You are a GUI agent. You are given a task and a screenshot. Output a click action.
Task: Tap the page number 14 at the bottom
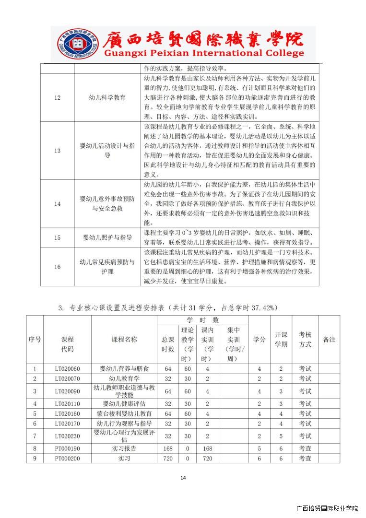pyautogui.click(x=183, y=477)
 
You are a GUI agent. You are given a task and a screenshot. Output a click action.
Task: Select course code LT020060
pyautogui.click(x=67, y=369)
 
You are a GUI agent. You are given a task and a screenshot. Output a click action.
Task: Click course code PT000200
pyautogui.click(x=67, y=459)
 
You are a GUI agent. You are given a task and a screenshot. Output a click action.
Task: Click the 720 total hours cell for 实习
pyautogui.click(x=167, y=459)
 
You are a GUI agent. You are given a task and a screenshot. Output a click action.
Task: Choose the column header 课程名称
pyautogui.click(x=124, y=339)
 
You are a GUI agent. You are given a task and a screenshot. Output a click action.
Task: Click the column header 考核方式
pyautogui.click(x=305, y=339)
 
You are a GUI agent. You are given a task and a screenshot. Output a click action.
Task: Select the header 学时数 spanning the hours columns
pyautogui.click(x=202, y=319)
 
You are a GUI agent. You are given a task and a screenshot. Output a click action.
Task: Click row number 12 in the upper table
pyautogui.click(x=57, y=98)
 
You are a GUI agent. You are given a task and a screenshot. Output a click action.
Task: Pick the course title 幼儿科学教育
pyautogui.click(x=107, y=98)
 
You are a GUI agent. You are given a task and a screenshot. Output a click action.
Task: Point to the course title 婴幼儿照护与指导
pyautogui.click(x=107, y=237)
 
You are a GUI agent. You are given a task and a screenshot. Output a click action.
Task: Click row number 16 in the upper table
pyautogui.click(x=57, y=267)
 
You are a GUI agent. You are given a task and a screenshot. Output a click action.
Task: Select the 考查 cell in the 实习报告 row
pyautogui.click(x=305, y=448)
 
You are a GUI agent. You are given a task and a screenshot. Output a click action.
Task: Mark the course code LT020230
pyautogui.click(x=67, y=436)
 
